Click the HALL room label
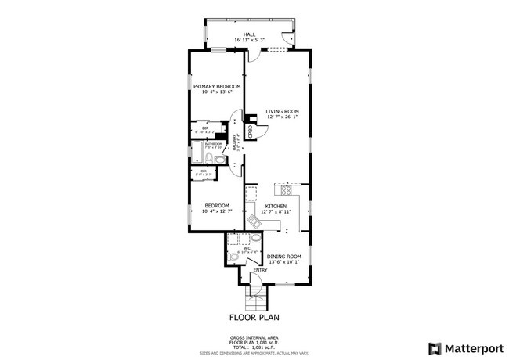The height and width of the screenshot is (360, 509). [x=249, y=34]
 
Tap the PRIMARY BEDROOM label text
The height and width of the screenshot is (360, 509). [x=217, y=86]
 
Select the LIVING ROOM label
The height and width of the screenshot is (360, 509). [x=280, y=111]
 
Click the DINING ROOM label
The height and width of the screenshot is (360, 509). [x=283, y=257]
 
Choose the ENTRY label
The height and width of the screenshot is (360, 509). [x=260, y=270]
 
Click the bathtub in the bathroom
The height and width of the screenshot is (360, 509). [x=206, y=154]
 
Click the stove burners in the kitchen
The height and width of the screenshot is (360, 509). [x=286, y=189]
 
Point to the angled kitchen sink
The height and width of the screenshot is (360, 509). [x=256, y=222]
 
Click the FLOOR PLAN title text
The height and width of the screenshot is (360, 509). [x=254, y=318]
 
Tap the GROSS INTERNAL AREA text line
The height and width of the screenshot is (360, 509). [x=254, y=337]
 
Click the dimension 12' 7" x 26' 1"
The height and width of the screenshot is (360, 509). [x=280, y=117]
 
